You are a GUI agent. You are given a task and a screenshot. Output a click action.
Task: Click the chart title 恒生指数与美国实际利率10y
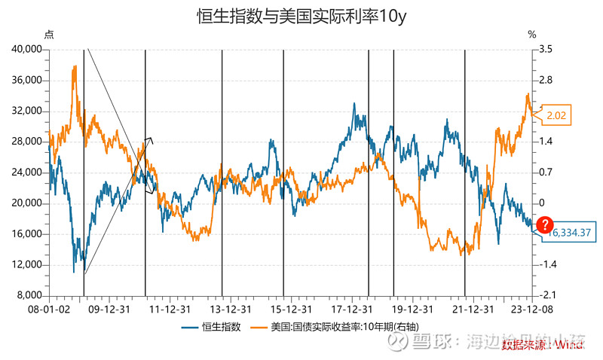click(x=301, y=17)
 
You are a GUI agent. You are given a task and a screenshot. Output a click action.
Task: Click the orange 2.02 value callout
click(x=557, y=115)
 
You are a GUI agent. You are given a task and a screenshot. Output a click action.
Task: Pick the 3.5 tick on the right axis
click(x=546, y=49)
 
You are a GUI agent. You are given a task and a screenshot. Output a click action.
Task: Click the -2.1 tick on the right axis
click(x=546, y=295)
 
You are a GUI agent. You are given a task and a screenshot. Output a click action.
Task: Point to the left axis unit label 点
click(x=49, y=35)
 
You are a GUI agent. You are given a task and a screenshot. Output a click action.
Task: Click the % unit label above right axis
click(x=531, y=35)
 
